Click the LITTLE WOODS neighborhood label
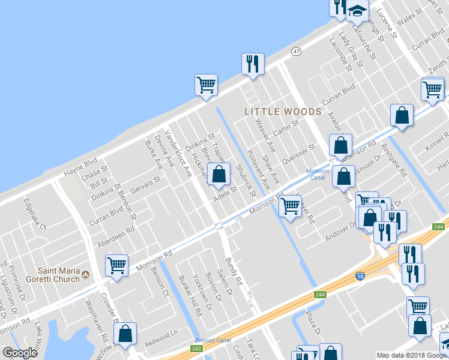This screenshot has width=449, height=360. pos(283,112)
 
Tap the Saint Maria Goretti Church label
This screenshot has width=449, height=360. pos(59,274)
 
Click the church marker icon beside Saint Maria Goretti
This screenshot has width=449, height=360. pos(86,275)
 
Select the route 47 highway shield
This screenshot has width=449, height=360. pos(296,52)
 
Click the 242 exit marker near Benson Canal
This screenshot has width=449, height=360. pos(196,349)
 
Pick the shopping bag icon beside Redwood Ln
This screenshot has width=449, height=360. pos(125,333)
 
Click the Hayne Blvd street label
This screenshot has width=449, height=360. pos(80,167)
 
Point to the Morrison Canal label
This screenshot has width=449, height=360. pos(318,174)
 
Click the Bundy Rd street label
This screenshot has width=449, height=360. pos(233,271)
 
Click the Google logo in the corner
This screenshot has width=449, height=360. pos(20,353)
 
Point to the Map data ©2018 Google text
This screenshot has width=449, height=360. pos(412,355)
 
